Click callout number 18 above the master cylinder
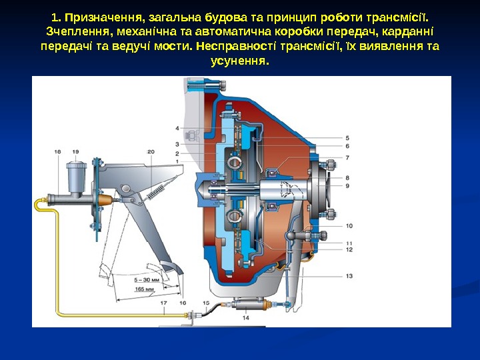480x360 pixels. (x=57, y=152)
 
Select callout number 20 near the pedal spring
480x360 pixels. (x=151, y=152)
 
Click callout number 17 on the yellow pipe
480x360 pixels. (x=164, y=303)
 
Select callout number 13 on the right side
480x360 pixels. (x=349, y=276)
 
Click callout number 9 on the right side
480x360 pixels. (x=349, y=185)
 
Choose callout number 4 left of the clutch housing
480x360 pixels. (x=177, y=127)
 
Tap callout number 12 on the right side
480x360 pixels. (x=349, y=249)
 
